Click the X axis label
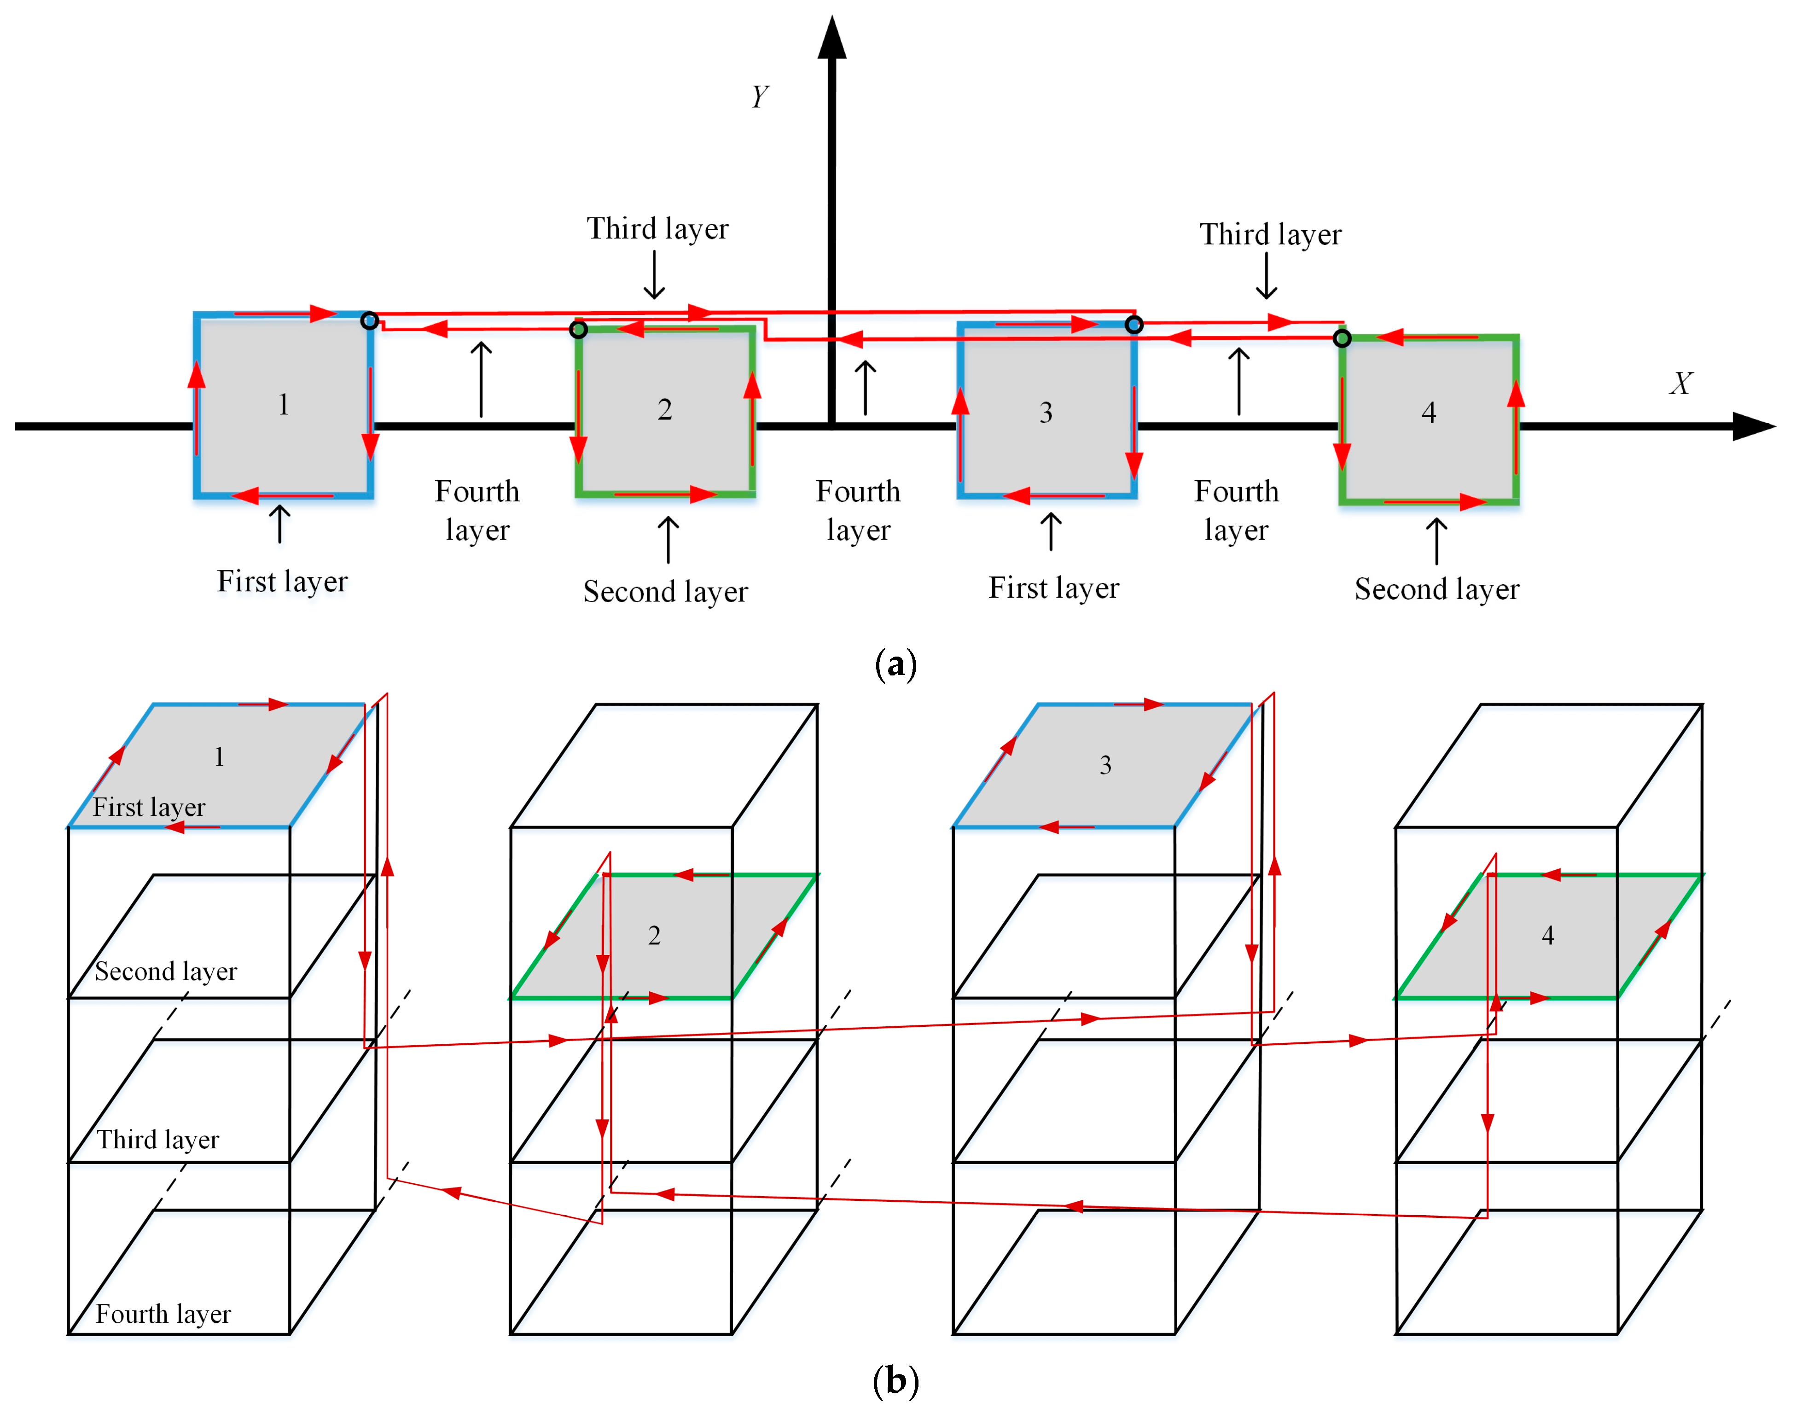point(1680,383)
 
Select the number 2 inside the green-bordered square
point(665,409)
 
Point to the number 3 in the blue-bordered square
point(1046,412)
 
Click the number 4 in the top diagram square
point(1429,412)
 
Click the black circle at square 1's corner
point(370,320)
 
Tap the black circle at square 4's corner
point(1343,338)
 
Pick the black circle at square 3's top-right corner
point(1134,325)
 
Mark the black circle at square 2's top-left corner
point(579,330)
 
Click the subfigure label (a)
point(895,664)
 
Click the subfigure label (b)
point(895,1381)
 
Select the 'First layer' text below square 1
point(282,581)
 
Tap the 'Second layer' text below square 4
point(1437,589)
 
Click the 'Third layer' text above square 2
point(658,228)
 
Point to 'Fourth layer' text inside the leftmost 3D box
point(163,1314)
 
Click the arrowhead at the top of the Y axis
point(832,37)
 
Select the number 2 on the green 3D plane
point(654,936)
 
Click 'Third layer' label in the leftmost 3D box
point(158,1140)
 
